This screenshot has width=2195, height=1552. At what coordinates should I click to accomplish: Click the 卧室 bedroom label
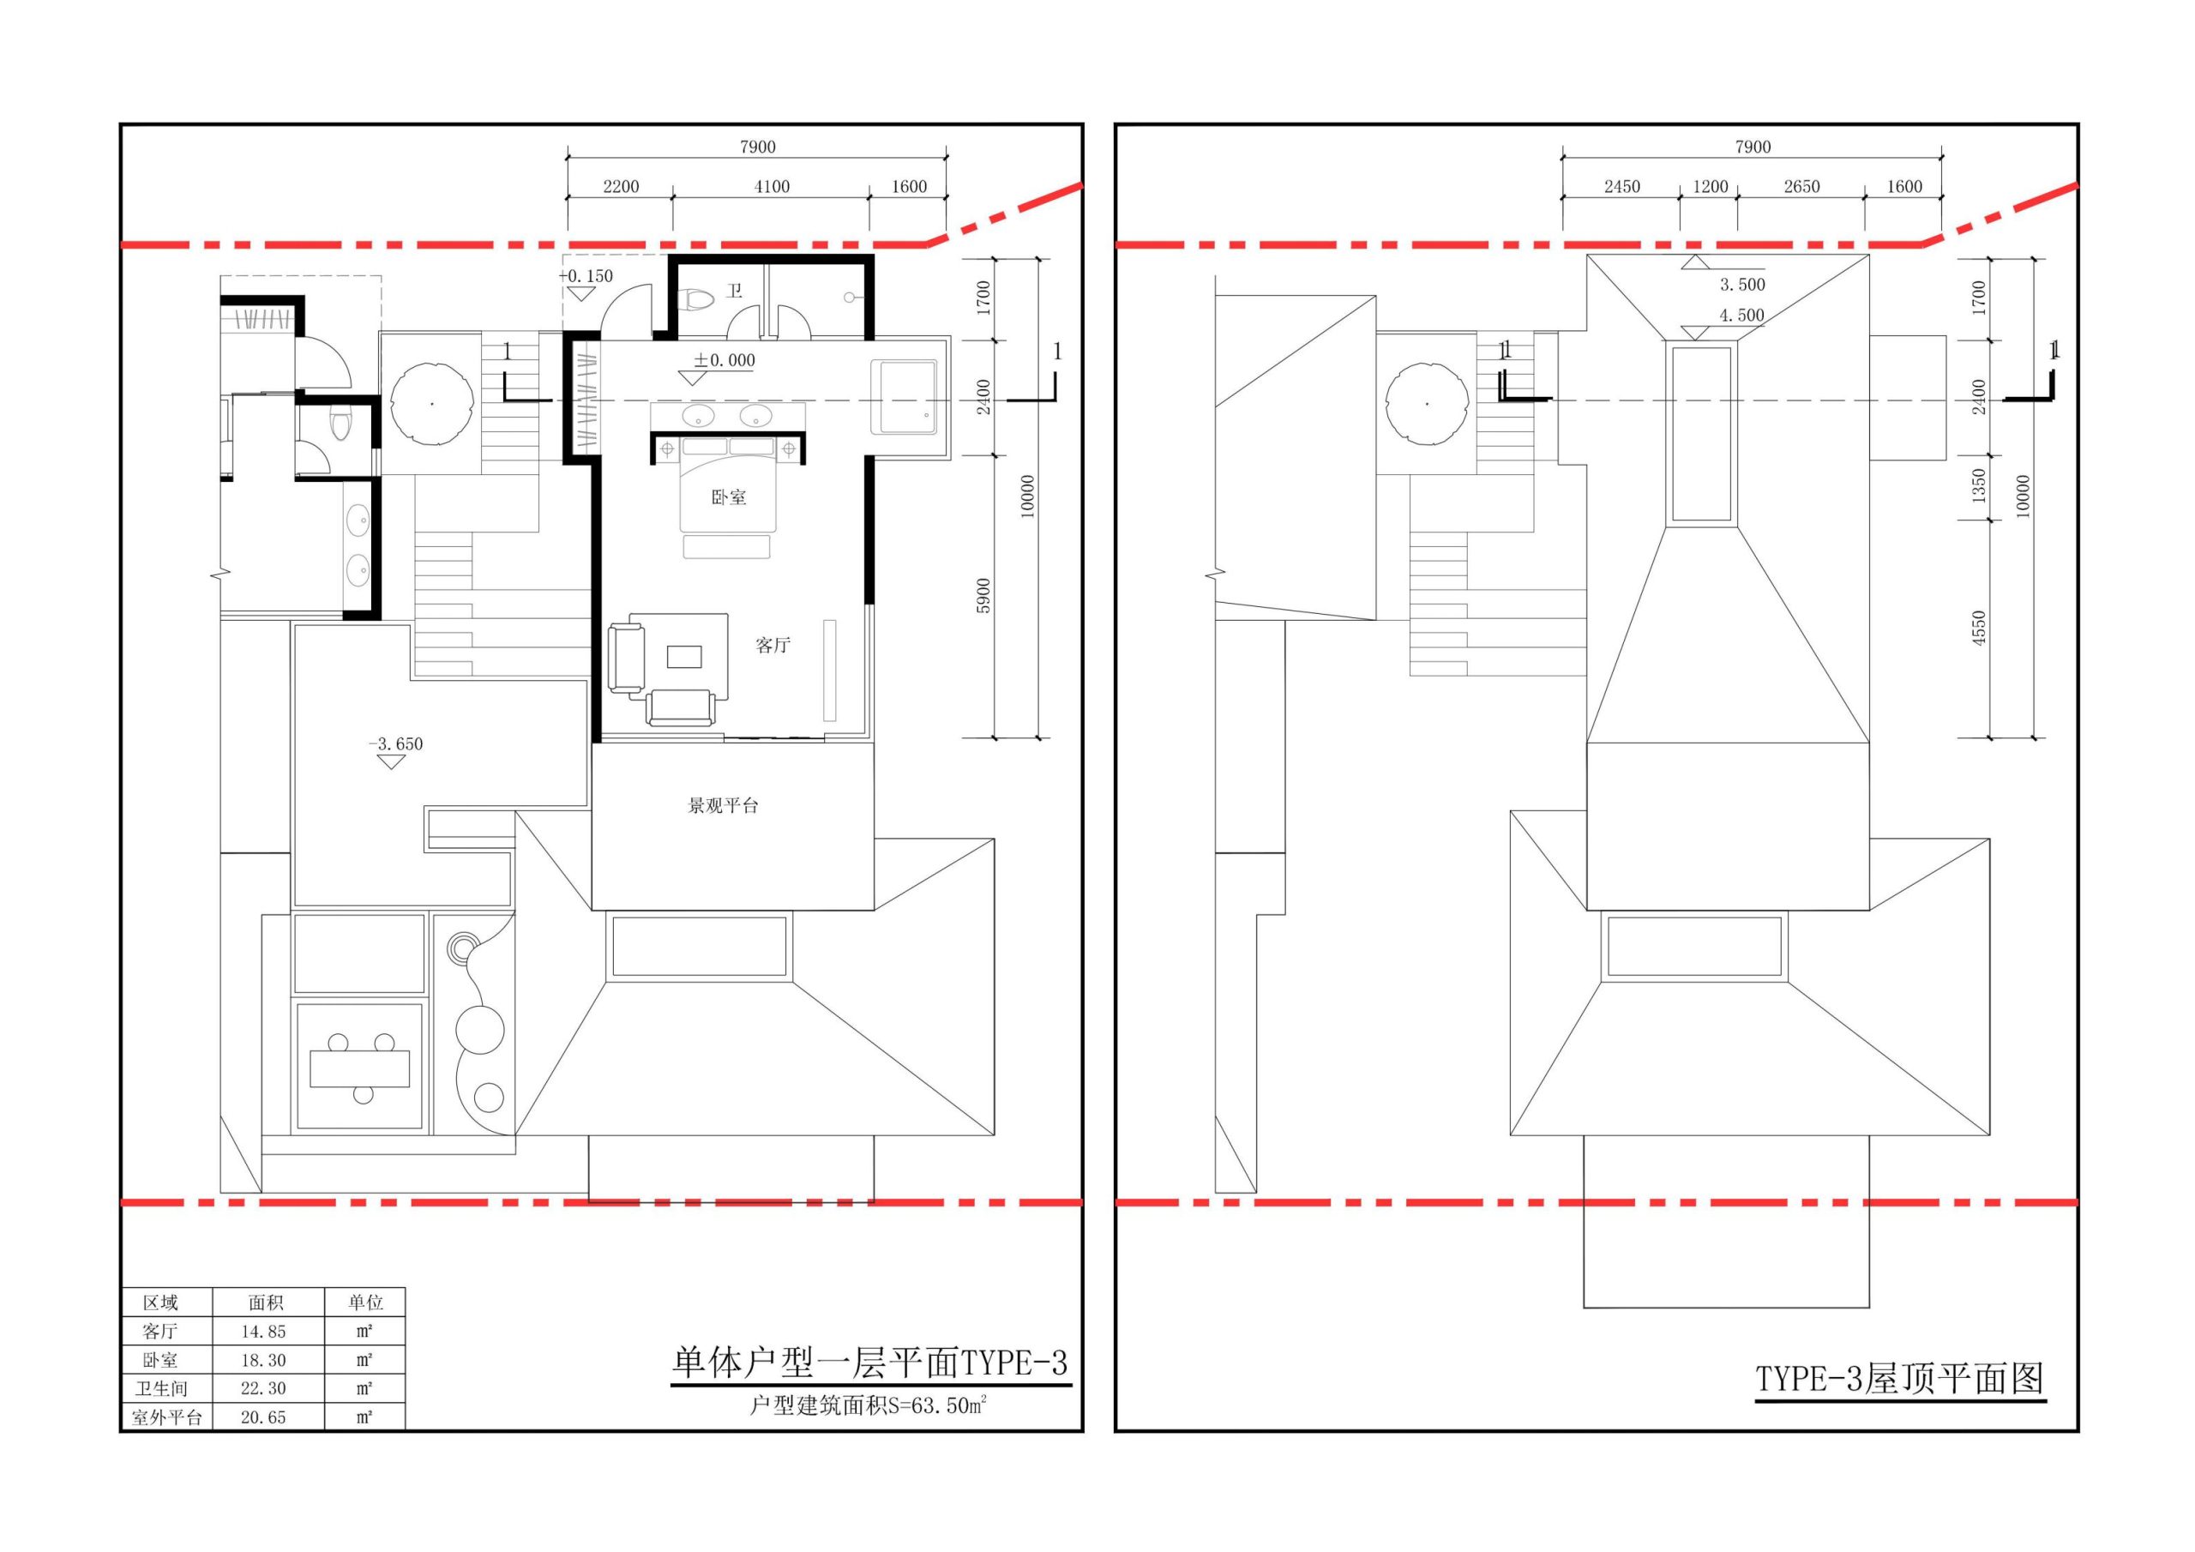click(x=729, y=497)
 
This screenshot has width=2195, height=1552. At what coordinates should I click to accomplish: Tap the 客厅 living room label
click(x=773, y=646)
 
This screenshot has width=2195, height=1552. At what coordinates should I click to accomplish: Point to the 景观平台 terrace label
click(x=723, y=806)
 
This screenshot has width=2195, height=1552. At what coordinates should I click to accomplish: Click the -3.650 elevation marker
click(x=394, y=744)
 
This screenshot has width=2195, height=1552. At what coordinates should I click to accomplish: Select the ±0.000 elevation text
click(x=724, y=360)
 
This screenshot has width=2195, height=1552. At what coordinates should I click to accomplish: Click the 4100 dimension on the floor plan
click(x=772, y=186)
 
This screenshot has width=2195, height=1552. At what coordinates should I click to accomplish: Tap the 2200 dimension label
click(x=621, y=186)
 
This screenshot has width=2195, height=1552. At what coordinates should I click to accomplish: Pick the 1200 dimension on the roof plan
click(x=1711, y=186)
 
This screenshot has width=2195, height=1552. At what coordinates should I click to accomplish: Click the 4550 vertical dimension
click(x=1979, y=629)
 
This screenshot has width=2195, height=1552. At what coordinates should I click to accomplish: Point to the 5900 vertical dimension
click(x=983, y=596)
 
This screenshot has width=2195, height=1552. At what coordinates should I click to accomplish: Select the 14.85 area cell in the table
click(x=263, y=1331)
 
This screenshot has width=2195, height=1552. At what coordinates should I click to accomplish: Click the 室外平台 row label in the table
click(x=166, y=1417)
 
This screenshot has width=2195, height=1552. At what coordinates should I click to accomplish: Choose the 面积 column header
click(x=266, y=1302)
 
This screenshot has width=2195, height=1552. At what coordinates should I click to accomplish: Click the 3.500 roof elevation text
click(x=1741, y=284)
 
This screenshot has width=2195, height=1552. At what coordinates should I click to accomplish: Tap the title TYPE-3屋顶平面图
click(x=1899, y=1378)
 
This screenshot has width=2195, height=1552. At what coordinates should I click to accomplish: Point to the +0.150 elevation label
click(x=586, y=276)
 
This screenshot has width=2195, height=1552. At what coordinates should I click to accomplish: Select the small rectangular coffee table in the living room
click(x=684, y=656)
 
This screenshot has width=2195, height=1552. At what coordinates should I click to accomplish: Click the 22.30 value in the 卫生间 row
click(x=263, y=1388)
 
